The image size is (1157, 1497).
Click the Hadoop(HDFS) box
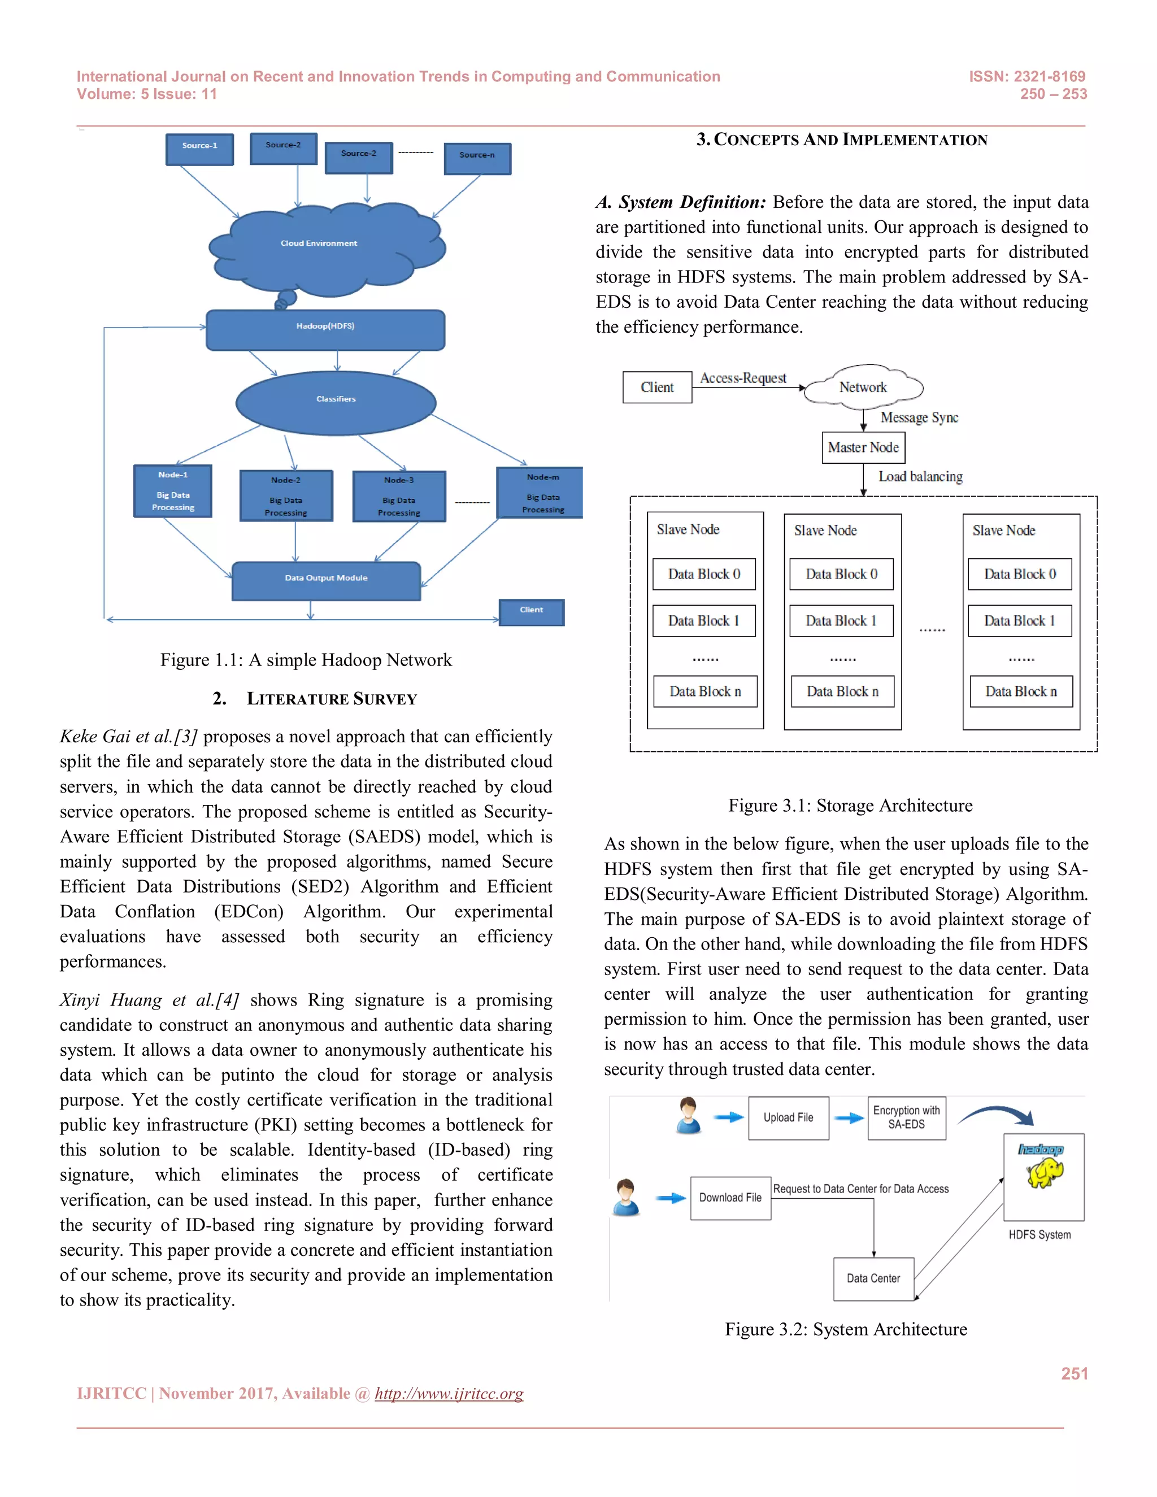click(325, 330)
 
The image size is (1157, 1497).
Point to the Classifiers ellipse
click(336, 402)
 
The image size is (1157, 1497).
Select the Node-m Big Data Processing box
click(541, 493)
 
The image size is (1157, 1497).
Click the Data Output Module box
click(327, 581)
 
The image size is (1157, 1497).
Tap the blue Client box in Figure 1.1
click(531, 612)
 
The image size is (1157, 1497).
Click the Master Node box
click(863, 447)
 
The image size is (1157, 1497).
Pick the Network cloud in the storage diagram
click(863, 388)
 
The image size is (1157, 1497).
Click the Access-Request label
click(743, 378)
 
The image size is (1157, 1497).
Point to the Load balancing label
click(920, 476)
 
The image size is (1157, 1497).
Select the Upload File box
click(788, 1118)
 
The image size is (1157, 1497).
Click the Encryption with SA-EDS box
click(906, 1118)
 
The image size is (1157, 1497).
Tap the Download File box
click(730, 1198)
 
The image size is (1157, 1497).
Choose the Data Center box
click(873, 1278)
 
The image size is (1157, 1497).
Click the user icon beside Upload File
click(688, 1115)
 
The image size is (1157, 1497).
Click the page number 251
click(1074, 1374)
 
